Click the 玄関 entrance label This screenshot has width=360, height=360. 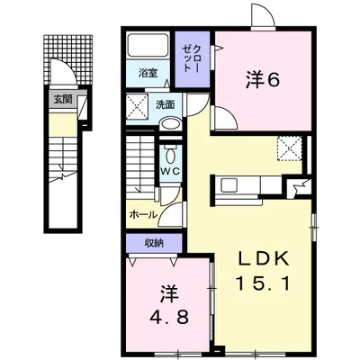[x=63, y=99]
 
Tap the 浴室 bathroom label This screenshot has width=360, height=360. [x=148, y=73]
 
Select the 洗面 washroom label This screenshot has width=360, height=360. [x=165, y=104]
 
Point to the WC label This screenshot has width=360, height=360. [x=170, y=172]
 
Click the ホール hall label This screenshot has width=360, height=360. [x=143, y=214]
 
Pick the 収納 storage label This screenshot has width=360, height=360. [x=154, y=243]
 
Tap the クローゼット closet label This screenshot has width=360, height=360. [x=193, y=58]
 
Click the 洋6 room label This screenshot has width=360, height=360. [x=263, y=79]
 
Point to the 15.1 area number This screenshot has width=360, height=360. [x=263, y=283]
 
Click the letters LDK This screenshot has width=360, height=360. [x=264, y=258]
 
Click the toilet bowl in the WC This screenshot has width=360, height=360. [x=170, y=155]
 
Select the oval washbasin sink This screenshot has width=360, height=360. [x=170, y=124]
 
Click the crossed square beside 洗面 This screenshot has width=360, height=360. [x=137, y=106]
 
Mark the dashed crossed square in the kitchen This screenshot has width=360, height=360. [x=290, y=148]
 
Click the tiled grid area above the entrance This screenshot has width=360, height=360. [x=67, y=59]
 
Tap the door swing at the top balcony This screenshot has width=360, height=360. [x=263, y=16]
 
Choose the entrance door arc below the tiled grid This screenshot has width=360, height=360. [x=62, y=71]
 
